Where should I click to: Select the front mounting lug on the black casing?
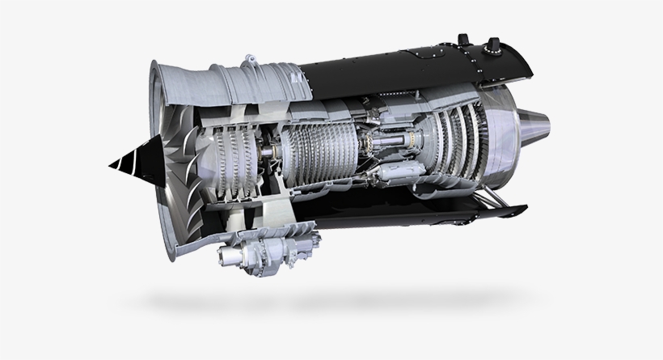coord(463,41)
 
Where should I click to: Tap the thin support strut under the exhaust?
coord(497,199)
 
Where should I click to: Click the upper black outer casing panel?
coord(388,69)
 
